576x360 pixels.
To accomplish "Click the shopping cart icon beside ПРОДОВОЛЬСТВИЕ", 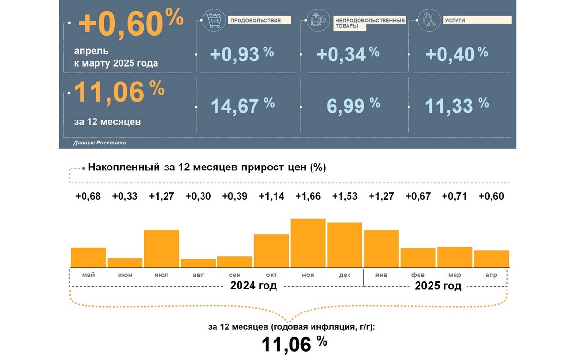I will click(214, 21).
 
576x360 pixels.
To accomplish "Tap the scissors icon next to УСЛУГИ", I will click(428, 21).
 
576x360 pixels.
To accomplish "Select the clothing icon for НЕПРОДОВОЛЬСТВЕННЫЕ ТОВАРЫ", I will click(319, 21).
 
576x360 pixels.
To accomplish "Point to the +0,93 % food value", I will click(241, 53).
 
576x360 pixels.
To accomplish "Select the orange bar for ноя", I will click(309, 243).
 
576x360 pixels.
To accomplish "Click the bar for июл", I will click(162, 249).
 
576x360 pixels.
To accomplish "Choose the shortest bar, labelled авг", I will click(198, 263).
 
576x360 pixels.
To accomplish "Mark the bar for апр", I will click(491, 259).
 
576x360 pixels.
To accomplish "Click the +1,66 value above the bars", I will click(308, 196).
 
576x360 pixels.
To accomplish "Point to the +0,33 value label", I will click(125, 196).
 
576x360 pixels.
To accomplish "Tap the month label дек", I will click(345, 275).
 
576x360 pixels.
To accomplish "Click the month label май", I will click(88, 275).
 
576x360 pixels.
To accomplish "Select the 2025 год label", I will click(438, 287).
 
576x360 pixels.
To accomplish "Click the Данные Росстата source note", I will click(100, 143).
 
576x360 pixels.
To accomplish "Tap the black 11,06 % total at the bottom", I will click(294, 344).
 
